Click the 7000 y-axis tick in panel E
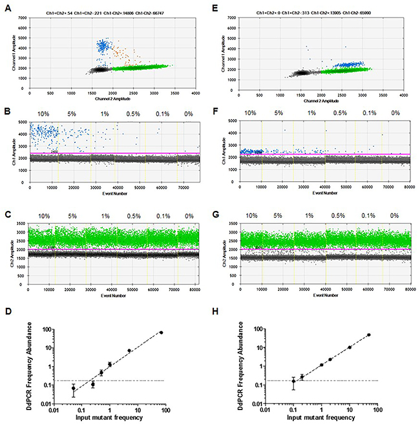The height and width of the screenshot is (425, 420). tap(231, 17)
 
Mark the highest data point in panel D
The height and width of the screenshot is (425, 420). tap(162, 332)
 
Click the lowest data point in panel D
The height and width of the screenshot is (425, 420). tap(37, 388)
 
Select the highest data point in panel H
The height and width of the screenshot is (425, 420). tap(369, 335)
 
